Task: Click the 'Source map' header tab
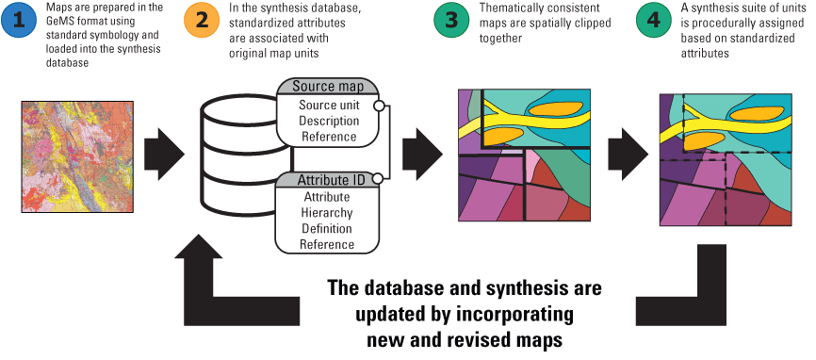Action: (328, 87)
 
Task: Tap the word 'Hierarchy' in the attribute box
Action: (327, 213)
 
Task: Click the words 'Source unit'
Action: (328, 105)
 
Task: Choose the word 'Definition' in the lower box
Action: (327, 229)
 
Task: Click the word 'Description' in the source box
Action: (328, 121)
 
